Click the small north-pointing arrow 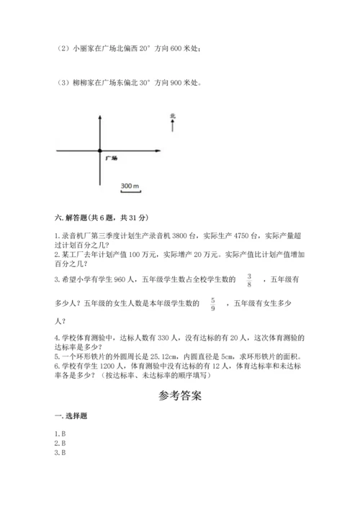coord(173,127)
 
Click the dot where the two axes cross coord(99,150)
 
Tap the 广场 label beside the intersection coord(111,157)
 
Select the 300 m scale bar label coord(130,186)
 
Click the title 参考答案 coord(180,396)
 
